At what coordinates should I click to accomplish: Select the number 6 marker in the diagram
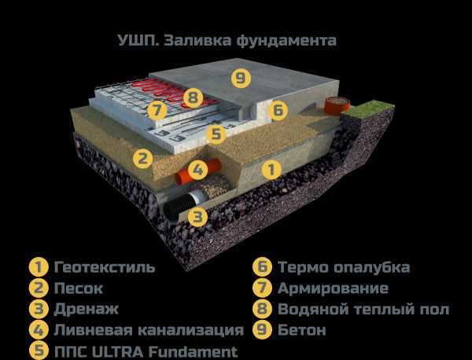click(278, 110)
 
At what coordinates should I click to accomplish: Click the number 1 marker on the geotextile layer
click(271, 169)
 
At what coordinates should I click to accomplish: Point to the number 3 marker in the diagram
click(197, 216)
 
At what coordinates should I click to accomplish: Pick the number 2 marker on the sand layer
click(143, 159)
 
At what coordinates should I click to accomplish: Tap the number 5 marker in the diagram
click(216, 134)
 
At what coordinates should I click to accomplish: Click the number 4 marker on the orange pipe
click(197, 171)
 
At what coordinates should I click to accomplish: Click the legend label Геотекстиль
click(105, 267)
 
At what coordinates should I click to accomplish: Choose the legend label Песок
click(78, 288)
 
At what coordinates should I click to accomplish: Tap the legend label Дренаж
click(86, 310)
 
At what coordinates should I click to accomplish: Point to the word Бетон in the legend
click(301, 330)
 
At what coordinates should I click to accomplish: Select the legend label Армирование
click(333, 288)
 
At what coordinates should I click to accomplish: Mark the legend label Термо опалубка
click(344, 267)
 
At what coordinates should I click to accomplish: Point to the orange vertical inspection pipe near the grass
click(337, 105)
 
